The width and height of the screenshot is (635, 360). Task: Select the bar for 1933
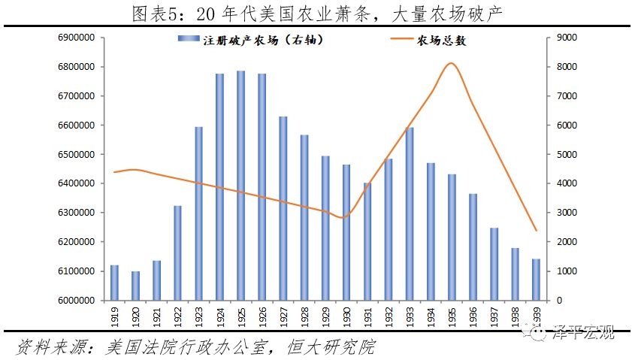(x=410, y=213)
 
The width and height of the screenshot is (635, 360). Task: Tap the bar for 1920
(x=135, y=286)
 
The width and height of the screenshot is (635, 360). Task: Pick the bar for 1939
(x=536, y=279)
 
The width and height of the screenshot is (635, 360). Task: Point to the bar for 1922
(x=177, y=253)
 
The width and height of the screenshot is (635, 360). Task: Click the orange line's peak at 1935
(x=450, y=63)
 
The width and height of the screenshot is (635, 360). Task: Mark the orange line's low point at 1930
(x=344, y=218)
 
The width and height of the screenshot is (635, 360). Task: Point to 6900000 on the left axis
(x=72, y=38)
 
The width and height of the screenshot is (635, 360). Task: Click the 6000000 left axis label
(x=72, y=300)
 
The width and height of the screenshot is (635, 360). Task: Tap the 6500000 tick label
(x=72, y=154)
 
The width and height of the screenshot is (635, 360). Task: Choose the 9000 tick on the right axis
(x=564, y=38)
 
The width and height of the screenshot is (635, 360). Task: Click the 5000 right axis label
(x=564, y=154)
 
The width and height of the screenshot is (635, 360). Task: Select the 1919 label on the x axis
(x=114, y=316)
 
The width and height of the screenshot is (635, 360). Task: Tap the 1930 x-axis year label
(x=346, y=316)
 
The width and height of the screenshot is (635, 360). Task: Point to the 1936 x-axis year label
(x=473, y=316)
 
